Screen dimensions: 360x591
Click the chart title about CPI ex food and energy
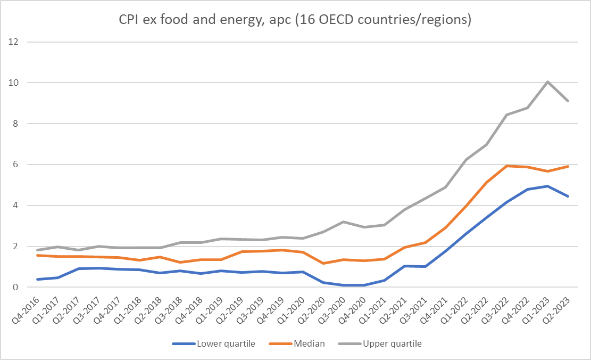point(295,21)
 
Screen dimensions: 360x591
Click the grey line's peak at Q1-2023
point(547,81)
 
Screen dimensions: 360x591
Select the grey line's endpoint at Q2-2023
point(568,101)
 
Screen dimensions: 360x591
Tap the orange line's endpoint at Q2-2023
point(568,166)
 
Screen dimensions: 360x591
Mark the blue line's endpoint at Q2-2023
point(568,196)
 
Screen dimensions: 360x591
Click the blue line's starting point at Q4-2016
point(38,279)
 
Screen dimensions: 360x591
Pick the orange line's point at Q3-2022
point(507,166)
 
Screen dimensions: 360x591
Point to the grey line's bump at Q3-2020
point(344,222)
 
